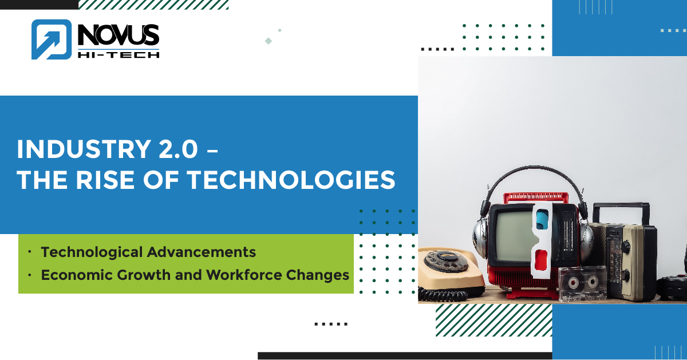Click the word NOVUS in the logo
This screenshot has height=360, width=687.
tap(118, 35)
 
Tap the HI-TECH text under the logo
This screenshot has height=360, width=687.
tap(118, 53)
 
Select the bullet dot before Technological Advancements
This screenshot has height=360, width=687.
tap(29, 252)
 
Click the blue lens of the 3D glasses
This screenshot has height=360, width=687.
tap(542, 218)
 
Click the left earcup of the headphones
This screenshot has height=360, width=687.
tap(479, 235)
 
